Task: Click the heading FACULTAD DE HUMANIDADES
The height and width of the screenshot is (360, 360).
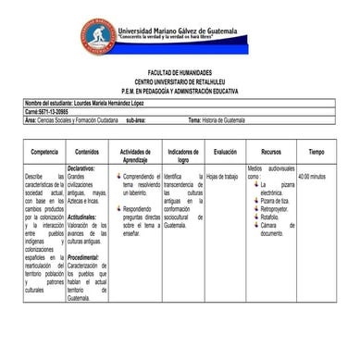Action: tap(180, 72)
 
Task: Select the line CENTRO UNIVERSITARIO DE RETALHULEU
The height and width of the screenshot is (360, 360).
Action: tap(180, 81)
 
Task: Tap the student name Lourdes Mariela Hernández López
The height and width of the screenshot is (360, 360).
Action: tap(110, 103)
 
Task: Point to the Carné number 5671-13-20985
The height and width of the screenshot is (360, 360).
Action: tap(53, 111)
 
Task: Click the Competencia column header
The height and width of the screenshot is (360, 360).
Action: tap(44, 152)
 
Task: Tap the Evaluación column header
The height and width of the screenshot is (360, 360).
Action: tap(225, 152)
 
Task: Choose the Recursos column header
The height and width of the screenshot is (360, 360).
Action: tap(270, 152)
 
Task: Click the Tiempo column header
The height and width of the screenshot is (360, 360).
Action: tap(317, 152)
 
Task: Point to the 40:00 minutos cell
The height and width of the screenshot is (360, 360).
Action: tap(312, 176)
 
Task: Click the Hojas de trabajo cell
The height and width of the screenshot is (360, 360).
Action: tap(222, 176)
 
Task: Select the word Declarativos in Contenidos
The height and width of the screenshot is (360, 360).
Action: tap(82, 169)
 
